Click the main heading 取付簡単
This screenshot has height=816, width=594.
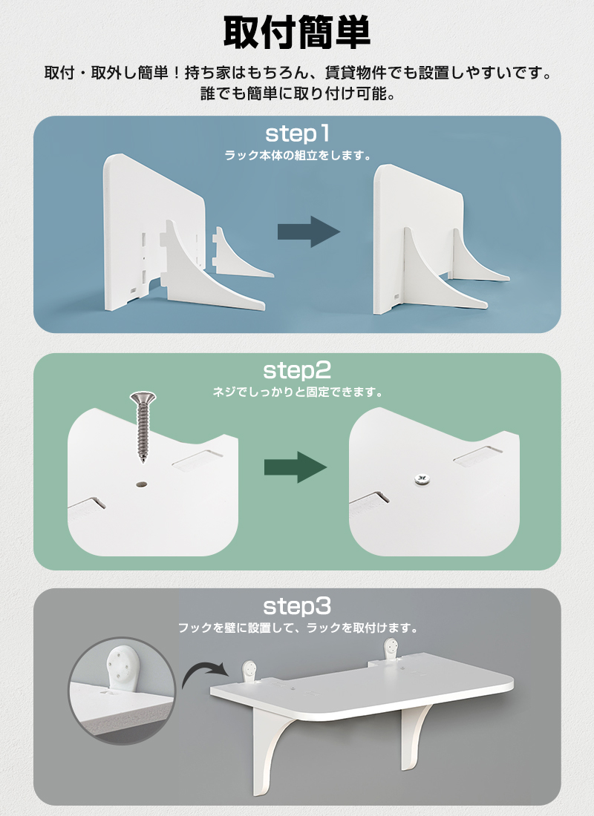(297, 33)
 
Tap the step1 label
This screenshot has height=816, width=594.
(298, 134)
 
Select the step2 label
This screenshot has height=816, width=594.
(297, 370)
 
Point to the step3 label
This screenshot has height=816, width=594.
(297, 606)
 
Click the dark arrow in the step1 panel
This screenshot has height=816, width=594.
(308, 231)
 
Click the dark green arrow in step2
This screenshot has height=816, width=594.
(296, 467)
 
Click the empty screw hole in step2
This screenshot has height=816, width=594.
(142, 484)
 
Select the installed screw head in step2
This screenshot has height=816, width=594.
(422, 478)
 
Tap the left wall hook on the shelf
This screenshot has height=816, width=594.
(250, 671)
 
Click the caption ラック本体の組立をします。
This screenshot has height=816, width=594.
(298, 155)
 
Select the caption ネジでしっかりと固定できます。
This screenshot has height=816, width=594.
(298, 392)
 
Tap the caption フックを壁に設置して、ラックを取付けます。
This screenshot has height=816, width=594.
(298, 628)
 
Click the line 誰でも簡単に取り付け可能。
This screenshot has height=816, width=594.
(298, 93)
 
